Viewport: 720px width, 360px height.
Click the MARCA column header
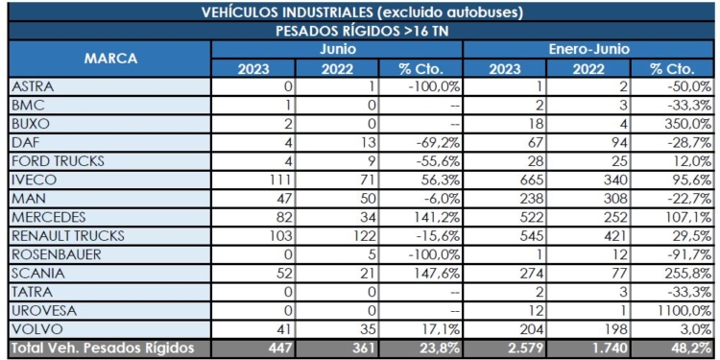(110, 59)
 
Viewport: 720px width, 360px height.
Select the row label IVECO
(35, 180)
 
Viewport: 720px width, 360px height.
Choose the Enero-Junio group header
(589, 48)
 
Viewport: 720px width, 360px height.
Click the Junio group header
(338, 48)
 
